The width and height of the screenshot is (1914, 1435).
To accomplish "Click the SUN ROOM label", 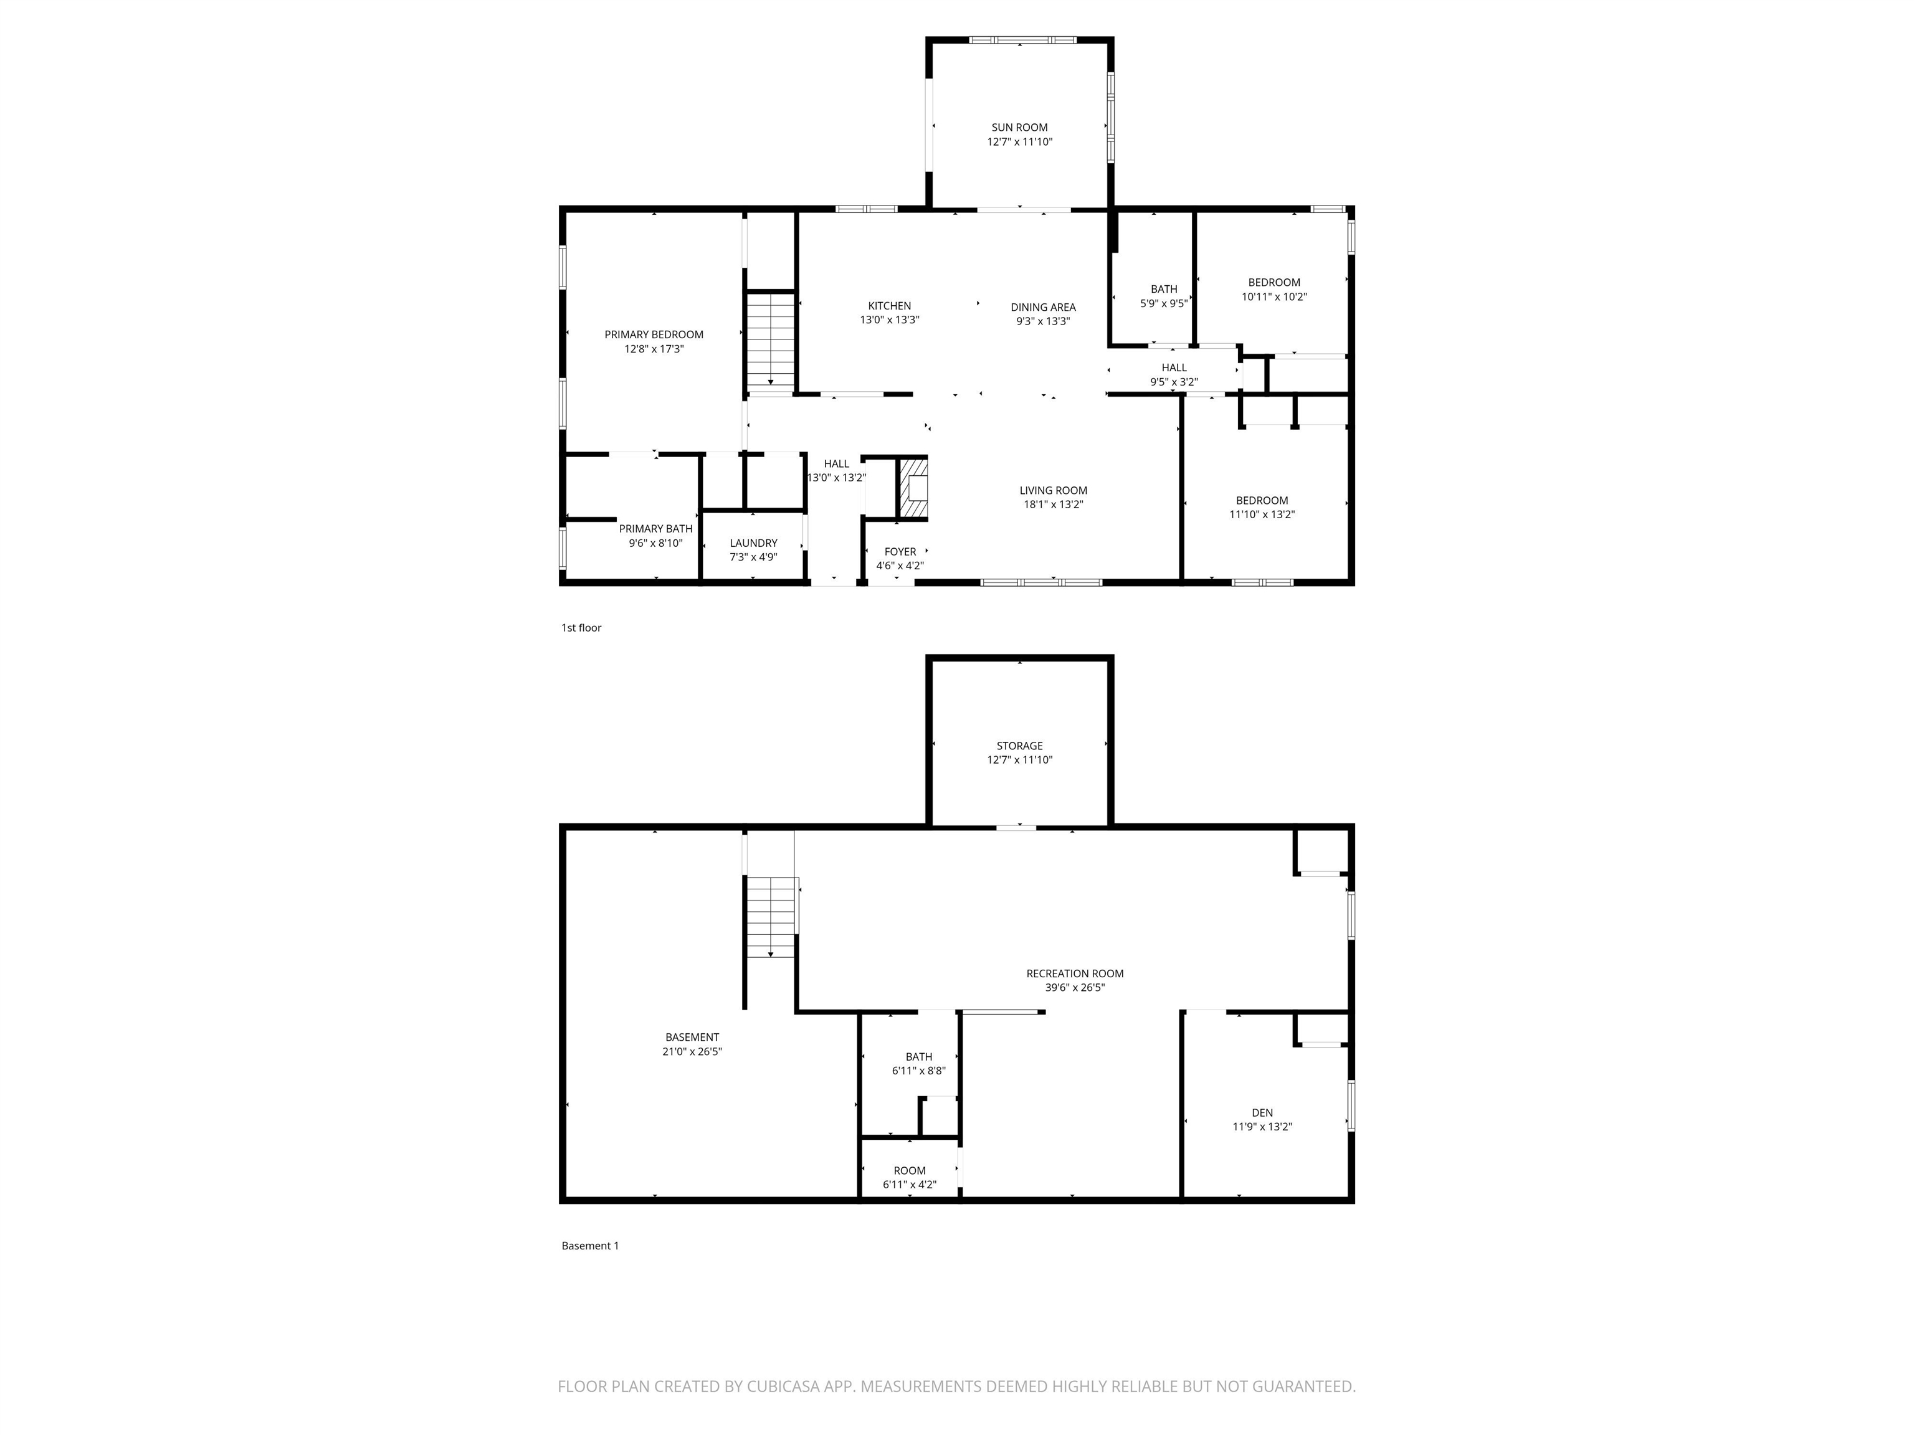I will click(x=1019, y=127).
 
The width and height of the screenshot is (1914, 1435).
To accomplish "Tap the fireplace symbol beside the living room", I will click(x=913, y=490).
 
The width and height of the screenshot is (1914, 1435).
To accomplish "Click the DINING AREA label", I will click(x=1042, y=307).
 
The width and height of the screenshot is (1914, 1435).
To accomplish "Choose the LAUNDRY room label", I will click(x=753, y=543).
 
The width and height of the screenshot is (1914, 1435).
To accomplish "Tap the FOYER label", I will click(x=900, y=552).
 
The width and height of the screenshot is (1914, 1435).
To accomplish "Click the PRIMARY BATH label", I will click(x=655, y=529).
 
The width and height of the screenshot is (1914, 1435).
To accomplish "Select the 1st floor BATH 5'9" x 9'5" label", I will click(x=1164, y=289).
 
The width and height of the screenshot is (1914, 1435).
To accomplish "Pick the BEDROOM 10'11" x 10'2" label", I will click(x=1274, y=282).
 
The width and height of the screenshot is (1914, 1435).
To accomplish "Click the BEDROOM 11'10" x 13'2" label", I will click(x=1262, y=500).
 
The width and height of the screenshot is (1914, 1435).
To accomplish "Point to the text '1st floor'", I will click(x=581, y=628).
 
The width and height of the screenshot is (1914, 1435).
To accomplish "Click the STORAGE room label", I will click(x=1019, y=746).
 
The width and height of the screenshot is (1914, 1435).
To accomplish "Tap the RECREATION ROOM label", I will click(x=1075, y=973).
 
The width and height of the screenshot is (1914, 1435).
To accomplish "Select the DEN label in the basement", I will click(x=1262, y=1112).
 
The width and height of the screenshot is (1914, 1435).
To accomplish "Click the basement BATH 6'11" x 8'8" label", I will click(x=918, y=1056).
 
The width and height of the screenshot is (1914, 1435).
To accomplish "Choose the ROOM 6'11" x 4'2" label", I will click(x=910, y=1170).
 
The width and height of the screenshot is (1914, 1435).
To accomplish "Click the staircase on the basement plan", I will click(x=770, y=917).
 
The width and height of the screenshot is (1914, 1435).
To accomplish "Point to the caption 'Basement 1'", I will click(x=590, y=1246).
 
